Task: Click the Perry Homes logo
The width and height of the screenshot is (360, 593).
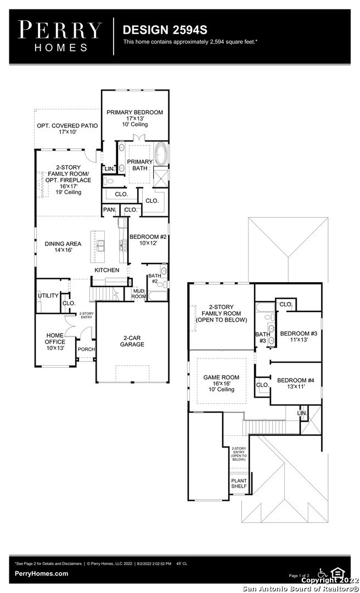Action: click(x=60, y=36)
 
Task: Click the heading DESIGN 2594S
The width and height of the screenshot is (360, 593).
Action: click(x=165, y=30)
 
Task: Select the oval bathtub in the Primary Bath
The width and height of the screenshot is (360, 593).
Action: click(x=160, y=154)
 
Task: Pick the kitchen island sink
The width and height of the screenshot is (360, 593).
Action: click(x=100, y=246)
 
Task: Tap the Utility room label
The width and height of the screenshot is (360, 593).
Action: click(x=48, y=295)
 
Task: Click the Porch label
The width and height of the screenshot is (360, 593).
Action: click(x=86, y=349)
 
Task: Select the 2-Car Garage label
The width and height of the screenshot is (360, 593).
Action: click(x=132, y=341)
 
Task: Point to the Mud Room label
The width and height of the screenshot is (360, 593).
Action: click(x=139, y=294)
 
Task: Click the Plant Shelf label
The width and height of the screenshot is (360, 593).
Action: click(x=239, y=483)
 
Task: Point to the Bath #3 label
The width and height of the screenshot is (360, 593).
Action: click(x=263, y=337)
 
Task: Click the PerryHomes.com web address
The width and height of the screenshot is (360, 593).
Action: click(x=42, y=574)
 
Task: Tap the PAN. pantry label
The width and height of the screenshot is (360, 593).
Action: click(x=109, y=209)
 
